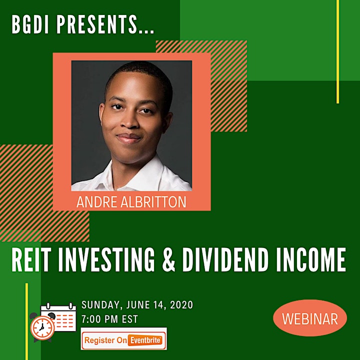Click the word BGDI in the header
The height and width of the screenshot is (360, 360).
point(30,24)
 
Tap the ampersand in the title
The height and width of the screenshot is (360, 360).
point(169,260)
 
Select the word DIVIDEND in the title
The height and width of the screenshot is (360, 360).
point(225,260)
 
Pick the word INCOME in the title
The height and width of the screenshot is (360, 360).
point(311,260)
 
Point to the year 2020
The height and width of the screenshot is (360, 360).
point(181,304)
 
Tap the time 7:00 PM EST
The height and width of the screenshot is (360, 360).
point(109,319)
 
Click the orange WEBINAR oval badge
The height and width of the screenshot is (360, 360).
point(310,318)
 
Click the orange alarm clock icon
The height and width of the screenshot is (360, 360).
point(42,327)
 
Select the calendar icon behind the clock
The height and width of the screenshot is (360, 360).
point(58,317)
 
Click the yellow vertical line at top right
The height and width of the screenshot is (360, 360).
point(337,51)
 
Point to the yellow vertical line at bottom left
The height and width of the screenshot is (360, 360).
point(26,321)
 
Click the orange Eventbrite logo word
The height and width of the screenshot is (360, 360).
point(144,340)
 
